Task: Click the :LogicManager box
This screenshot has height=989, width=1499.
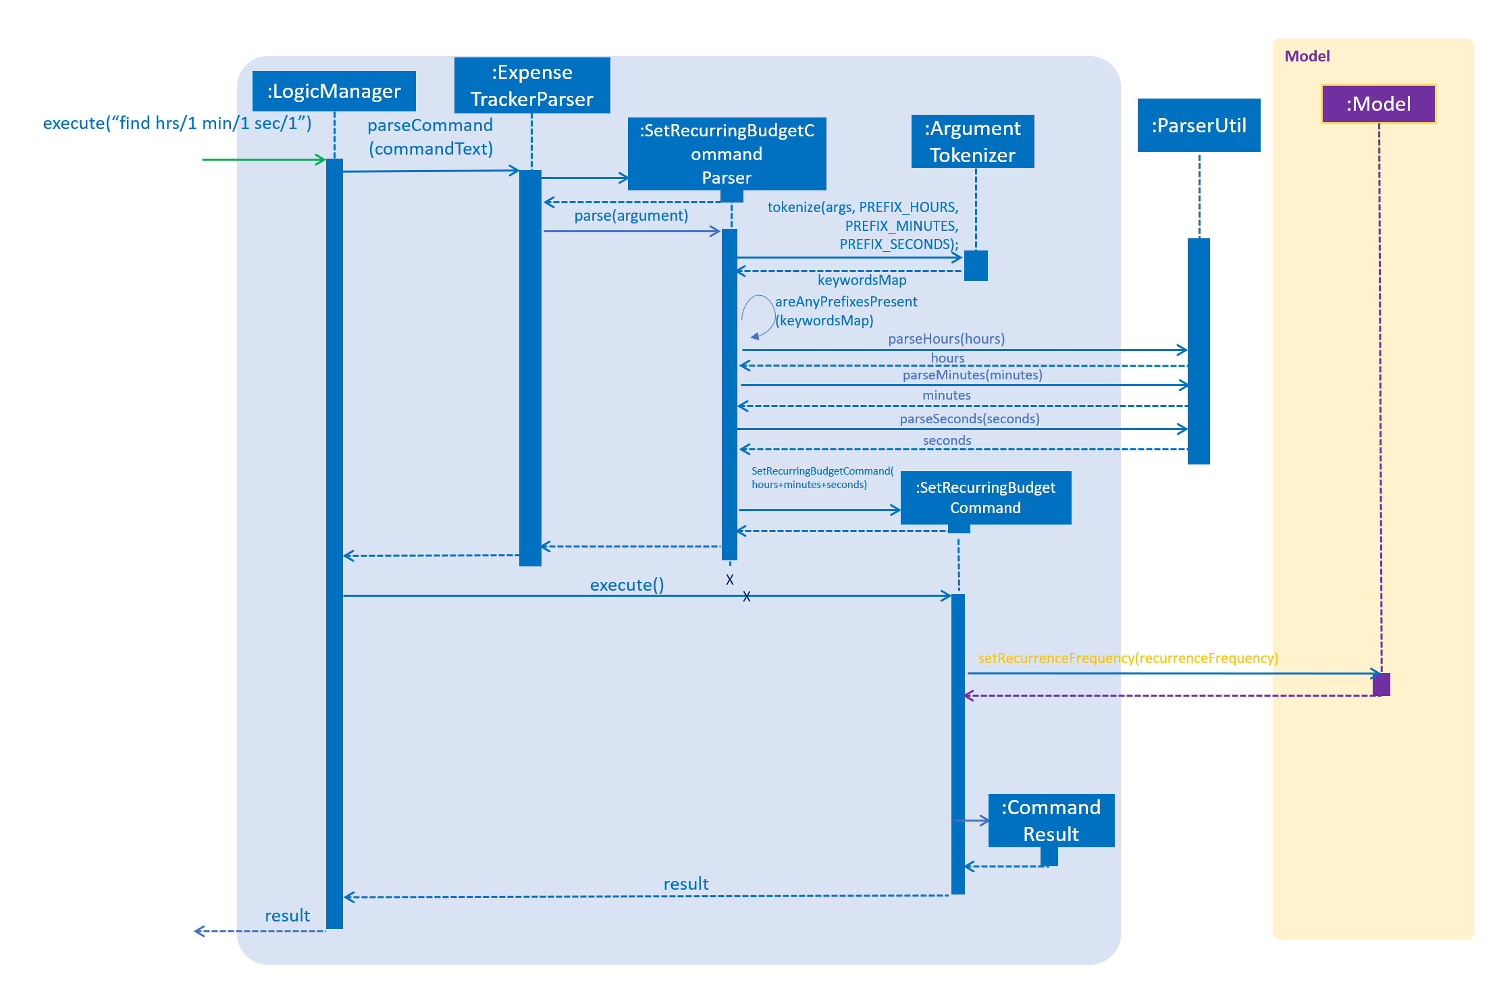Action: [x=334, y=91]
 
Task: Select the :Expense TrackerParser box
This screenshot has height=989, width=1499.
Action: [x=532, y=86]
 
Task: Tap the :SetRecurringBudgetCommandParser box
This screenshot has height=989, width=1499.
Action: [x=727, y=154]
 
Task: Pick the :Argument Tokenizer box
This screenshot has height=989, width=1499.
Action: [x=972, y=142]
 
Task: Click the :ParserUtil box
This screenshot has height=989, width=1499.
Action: [x=1199, y=126]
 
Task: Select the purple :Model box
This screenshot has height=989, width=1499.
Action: [x=1378, y=104]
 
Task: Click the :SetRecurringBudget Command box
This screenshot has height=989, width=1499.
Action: [x=985, y=498]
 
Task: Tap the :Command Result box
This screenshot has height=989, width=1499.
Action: [x=1051, y=820]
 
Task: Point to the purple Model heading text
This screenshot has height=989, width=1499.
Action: [x=1307, y=57]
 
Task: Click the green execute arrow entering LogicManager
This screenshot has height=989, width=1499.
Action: [x=263, y=159]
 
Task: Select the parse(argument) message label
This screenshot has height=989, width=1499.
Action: [x=631, y=216]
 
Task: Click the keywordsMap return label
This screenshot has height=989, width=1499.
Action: [x=862, y=280]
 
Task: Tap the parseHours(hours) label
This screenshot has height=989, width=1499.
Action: [x=946, y=339]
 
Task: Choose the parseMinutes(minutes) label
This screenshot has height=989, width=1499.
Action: [x=972, y=375]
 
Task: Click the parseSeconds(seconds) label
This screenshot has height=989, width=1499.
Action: [x=969, y=419]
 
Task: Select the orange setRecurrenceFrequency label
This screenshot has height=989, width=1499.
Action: [x=1128, y=658]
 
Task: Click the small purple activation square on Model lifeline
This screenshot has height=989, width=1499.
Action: [x=1381, y=684]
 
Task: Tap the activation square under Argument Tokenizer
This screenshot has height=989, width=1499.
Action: [x=975, y=265]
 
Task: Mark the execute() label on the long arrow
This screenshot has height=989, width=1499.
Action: [x=627, y=585]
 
